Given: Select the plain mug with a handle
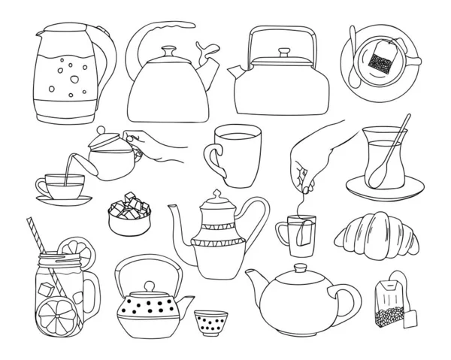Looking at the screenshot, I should click(x=235, y=155).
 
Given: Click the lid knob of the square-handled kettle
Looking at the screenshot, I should click(x=284, y=53).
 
